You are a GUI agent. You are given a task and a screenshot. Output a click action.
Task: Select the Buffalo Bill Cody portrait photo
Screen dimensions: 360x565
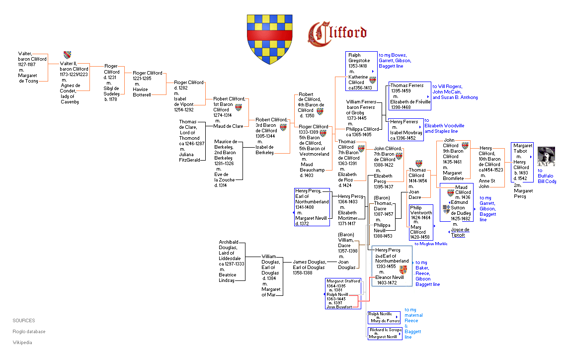pyautogui.click(x=547, y=156)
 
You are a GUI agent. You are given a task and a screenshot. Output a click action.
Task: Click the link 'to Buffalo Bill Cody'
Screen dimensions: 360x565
pyautogui.click(x=547, y=176)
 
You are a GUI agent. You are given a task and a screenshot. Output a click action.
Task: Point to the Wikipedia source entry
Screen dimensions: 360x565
pyautogui.click(x=22, y=342)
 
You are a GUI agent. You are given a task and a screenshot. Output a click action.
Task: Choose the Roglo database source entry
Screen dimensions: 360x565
pyautogui.click(x=29, y=331)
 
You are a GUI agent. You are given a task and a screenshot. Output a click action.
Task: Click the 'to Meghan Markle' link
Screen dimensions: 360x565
pyautogui.click(x=431, y=244)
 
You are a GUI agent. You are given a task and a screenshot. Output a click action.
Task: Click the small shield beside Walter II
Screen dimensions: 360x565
pyautogui.click(x=67, y=55)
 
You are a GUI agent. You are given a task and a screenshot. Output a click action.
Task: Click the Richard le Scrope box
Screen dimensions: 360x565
pyautogui.click(x=385, y=333)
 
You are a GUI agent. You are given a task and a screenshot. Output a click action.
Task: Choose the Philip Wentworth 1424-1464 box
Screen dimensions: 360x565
pyautogui.click(x=421, y=222)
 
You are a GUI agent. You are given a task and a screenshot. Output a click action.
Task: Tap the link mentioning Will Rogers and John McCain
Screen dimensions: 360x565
pyautogui.click(x=455, y=91)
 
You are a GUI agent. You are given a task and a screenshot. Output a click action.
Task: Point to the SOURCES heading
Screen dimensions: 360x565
pyautogui.click(x=24, y=320)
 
